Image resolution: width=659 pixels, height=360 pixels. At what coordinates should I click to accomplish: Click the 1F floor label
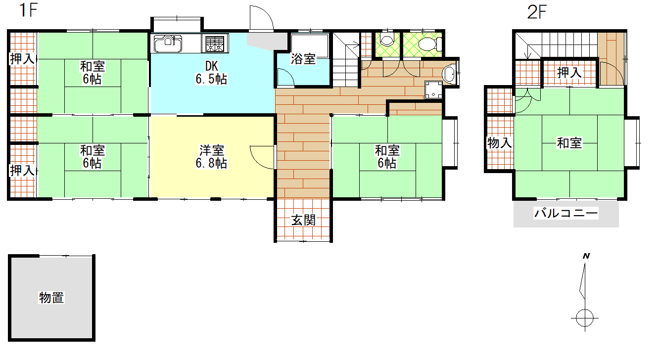click(28, 10)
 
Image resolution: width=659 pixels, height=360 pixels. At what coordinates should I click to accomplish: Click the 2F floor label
click(537, 12)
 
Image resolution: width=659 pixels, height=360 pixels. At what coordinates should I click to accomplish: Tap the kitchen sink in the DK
click(167, 43)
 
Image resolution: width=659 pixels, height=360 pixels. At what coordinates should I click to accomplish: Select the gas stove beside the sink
click(215, 44)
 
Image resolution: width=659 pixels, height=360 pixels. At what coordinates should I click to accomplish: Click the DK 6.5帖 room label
click(211, 73)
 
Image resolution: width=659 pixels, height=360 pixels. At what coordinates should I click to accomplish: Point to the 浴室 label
click(303, 59)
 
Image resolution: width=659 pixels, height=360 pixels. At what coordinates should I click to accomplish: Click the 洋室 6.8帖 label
click(211, 157)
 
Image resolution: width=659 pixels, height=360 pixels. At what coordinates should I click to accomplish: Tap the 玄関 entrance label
click(303, 220)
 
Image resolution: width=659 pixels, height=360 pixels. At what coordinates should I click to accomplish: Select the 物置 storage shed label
click(51, 298)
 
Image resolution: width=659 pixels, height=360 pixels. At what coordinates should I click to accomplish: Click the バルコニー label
click(565, 213)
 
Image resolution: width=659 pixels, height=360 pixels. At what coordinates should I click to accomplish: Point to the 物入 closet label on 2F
click(499, 143)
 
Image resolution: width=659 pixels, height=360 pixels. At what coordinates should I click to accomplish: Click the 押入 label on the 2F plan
click(569, 72)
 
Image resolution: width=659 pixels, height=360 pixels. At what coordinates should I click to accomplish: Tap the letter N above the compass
click(586, 256)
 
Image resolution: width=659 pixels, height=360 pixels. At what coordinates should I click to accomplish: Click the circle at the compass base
click(585, 318)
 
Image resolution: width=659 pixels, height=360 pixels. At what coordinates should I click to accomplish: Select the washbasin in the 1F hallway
click(449, 74)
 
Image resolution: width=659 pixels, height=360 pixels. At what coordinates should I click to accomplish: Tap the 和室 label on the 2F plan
click(569, 143)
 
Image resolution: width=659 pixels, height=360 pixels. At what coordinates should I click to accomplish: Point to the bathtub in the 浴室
click(310, 46)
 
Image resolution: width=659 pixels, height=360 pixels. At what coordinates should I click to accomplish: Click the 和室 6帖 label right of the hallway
click(387, 157)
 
